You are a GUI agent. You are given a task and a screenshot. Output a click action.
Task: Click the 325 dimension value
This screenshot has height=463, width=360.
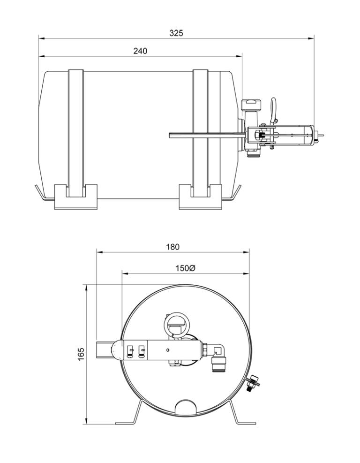coord(176,33)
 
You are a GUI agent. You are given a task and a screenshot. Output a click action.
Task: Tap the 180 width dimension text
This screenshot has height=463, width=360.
coord(172,247)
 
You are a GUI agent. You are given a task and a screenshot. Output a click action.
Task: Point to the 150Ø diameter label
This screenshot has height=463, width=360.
coord(186,268)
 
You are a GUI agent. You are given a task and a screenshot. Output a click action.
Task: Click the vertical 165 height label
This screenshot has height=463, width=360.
coord(81,354)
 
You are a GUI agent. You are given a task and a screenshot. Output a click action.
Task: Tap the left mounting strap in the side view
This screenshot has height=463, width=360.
coord(76,133)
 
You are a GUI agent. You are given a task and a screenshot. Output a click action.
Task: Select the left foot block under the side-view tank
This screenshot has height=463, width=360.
coord(76,197)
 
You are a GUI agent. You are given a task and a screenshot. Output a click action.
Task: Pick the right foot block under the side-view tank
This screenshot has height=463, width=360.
coord(200,197)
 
